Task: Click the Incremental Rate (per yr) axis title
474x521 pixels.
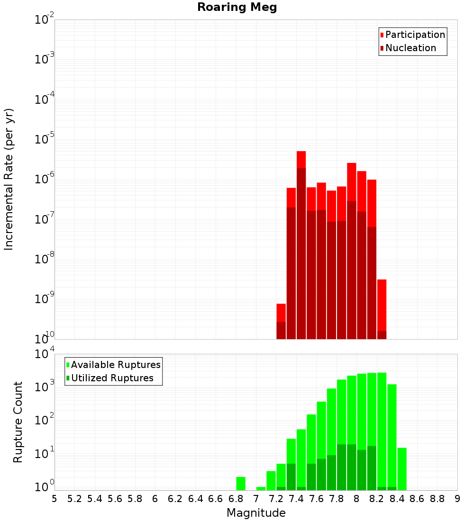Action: coord(9,179)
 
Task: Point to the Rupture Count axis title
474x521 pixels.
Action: coord(18,422)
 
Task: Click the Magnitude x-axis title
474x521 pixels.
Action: coord(256,513)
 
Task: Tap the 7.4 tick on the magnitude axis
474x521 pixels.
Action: coord(296,499)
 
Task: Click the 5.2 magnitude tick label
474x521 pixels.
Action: coord(74,499)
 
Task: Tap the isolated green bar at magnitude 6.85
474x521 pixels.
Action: coord(241,483)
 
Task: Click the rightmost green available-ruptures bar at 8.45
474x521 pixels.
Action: coord(402,468)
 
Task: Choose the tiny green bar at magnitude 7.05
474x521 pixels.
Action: coord(261,488)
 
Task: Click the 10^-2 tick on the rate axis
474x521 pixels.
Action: coord(44,20)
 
